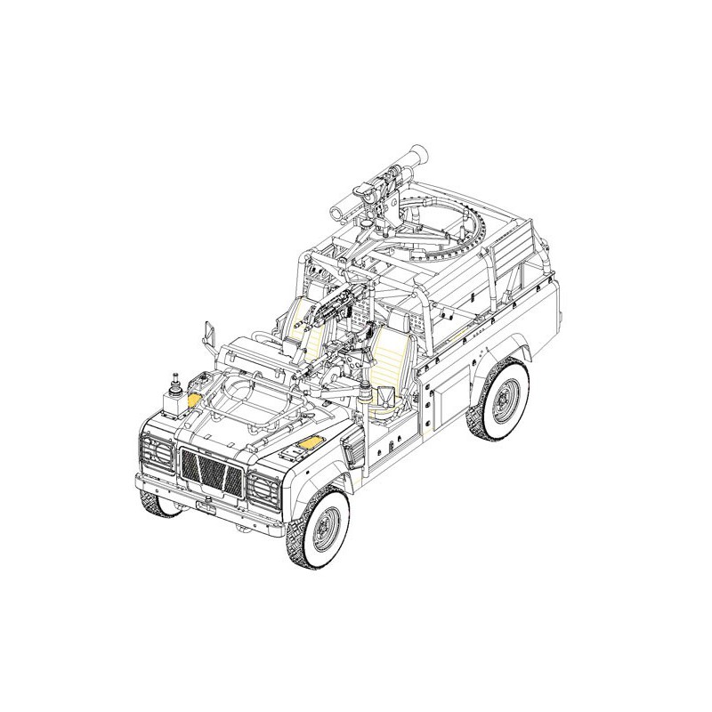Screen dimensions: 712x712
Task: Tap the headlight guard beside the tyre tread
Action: (x=264, y=490)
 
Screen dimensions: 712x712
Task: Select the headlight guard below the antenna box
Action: (x=157, y=451)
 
